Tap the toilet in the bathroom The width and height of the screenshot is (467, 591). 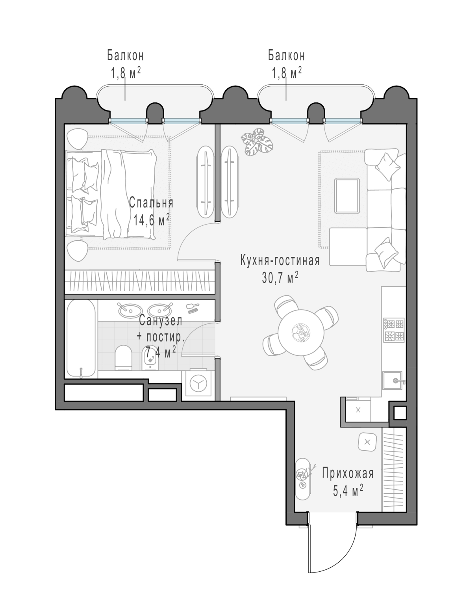tap(123, 357)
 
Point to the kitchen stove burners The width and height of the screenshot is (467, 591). tap(394, 329)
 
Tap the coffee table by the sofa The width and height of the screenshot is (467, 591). tap(347, 195)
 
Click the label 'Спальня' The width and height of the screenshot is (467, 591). tap(151, 203)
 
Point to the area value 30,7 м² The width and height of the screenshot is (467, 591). tap(280, 278)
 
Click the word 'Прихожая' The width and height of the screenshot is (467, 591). tap(348, 473)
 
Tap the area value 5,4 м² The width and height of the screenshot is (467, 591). tap(348, 490)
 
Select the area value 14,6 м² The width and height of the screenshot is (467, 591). tap(151, 220)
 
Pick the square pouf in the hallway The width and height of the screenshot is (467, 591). tap(367, 442)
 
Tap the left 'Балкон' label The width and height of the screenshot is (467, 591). tap(126, 56)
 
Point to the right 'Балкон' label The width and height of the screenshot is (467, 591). tap(286, 56)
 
